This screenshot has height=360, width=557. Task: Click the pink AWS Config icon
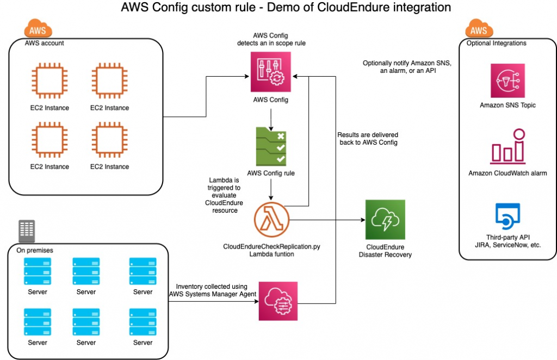point(270,72)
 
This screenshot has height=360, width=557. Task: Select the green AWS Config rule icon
point(270,145)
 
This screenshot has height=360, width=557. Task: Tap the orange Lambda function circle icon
point(271,219)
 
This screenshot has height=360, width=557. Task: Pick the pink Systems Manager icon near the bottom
point(277,301)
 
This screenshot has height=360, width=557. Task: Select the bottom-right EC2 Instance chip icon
point(109,140)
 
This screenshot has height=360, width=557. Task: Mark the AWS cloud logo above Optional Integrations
point(478,29)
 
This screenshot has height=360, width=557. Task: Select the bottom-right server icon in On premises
point(143,322)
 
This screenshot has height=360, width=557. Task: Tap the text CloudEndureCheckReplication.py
point(270,246)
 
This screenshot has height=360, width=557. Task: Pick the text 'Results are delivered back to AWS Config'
point(367,138)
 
